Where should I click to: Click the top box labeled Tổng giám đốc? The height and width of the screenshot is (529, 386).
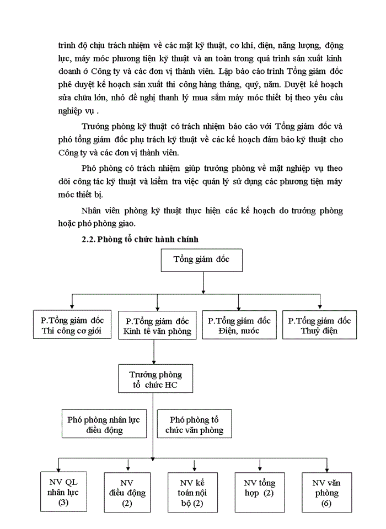pyautogui.click(x=201, y=260)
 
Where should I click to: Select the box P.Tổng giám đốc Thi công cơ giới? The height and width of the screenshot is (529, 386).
pyautogui.click(x=72, y=325)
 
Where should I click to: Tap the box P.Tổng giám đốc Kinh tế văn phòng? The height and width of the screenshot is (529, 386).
pyautogui.click(x=157, y=326)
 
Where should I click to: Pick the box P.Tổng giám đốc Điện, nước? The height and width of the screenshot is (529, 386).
pyautogui.click(x=238, y=325)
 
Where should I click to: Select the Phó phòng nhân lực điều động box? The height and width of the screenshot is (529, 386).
pyautogui.click(x=104, y=423)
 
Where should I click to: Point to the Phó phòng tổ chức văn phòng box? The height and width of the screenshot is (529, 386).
pyautogui.click(x=194, y=423)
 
